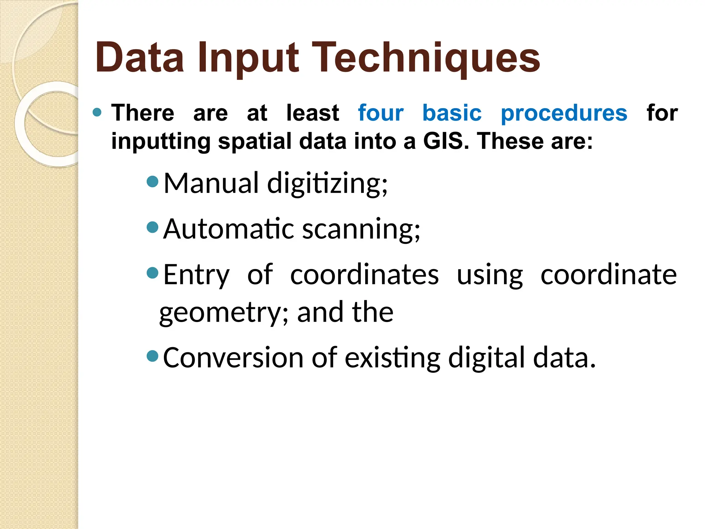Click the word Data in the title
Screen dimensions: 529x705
point(139,58)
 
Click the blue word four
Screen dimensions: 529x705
point(380,113)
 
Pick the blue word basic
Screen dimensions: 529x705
point(452,113)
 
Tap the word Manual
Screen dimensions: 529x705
point(211,183)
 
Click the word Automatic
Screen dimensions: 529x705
point(229,229)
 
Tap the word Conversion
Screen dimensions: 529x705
point(233,357)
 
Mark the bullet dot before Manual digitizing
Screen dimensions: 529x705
point(152,181)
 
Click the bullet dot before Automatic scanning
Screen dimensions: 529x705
point(152,227)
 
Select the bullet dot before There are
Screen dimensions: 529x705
point(97,112)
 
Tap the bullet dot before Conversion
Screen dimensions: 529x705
point(152,355)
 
